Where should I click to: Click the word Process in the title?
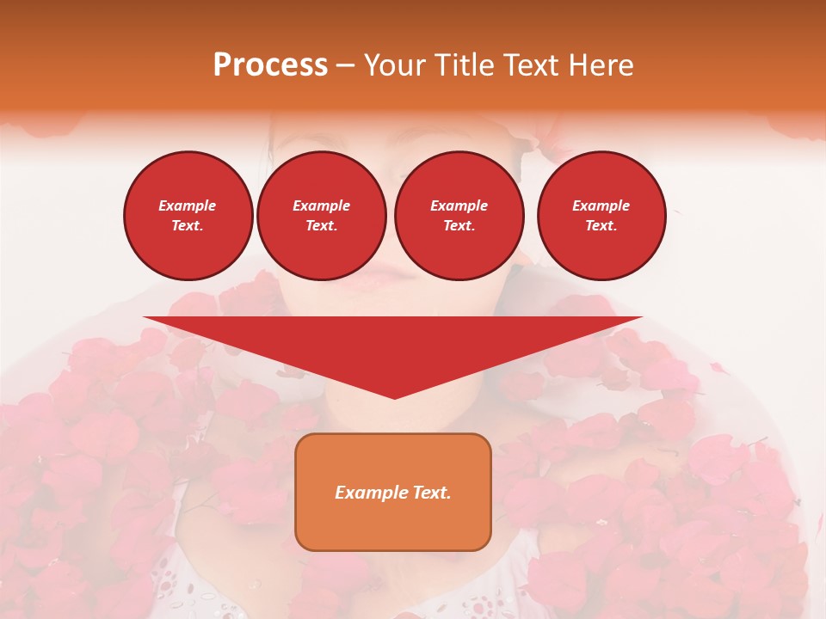270,65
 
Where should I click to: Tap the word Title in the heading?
465,65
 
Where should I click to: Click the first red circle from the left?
188,216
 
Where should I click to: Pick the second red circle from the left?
321,216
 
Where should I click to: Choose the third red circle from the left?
459,216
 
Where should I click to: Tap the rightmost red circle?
601,216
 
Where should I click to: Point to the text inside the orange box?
393,493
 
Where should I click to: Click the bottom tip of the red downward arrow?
394,396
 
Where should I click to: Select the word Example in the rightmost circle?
601,205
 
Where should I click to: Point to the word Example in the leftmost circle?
188,205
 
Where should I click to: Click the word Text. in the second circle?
321,225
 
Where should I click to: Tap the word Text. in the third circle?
459,225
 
